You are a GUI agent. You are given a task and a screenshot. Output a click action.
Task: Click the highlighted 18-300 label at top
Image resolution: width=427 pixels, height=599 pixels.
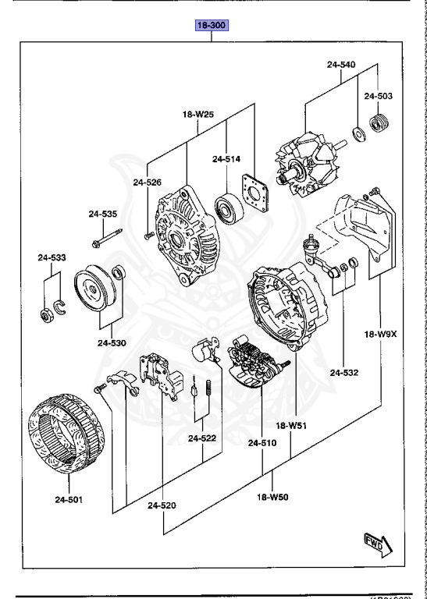(212, 26)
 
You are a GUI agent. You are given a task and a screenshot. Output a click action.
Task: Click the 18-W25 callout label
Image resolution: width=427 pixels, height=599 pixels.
(198, 115)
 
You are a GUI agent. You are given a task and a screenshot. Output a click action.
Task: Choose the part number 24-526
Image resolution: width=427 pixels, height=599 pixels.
(147, 183)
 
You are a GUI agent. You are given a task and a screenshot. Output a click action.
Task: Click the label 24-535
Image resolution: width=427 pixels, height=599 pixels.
(102, 214)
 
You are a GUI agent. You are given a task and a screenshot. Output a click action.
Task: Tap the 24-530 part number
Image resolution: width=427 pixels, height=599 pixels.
(112, 342)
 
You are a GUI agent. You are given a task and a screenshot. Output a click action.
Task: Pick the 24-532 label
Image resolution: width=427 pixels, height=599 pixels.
(343, 373)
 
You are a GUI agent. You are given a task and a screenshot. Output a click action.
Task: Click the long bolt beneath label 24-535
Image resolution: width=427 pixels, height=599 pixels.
(106, 237)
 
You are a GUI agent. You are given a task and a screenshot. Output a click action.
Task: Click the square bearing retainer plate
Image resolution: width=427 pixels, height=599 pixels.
(256, 194)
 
